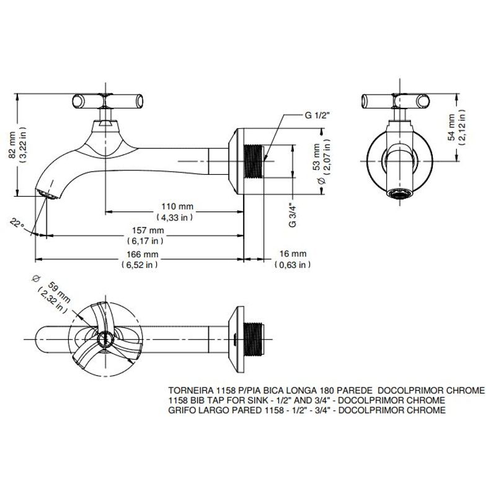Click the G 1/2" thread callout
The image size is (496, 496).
coord(317,115)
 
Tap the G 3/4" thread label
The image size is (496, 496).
coord(293,215)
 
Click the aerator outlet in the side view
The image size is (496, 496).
coord(47,194)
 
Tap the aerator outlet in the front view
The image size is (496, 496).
coord(400,193)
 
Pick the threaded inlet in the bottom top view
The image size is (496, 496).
coord(254,339)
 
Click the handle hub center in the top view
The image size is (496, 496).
coord(105,339)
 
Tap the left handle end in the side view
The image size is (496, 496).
coord(78,101)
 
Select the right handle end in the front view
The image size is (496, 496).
coord(423,101)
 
